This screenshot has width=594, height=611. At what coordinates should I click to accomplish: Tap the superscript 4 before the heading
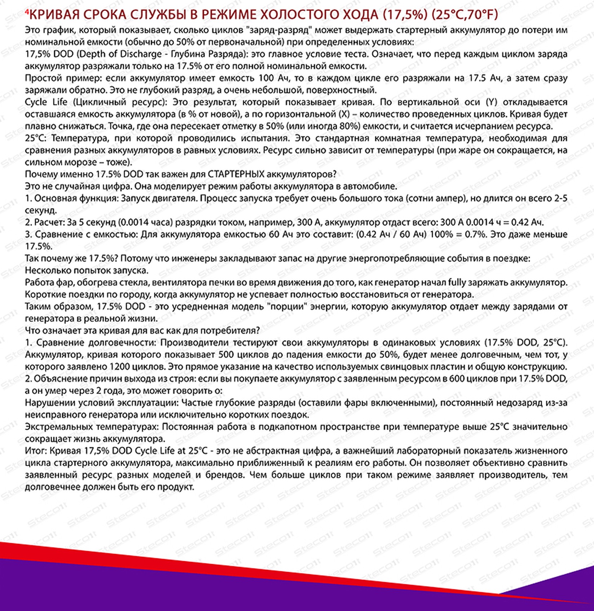click(26, 12)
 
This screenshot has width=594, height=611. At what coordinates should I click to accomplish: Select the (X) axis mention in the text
click(345, 114)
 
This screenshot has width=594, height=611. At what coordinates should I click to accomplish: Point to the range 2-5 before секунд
click(560, 198)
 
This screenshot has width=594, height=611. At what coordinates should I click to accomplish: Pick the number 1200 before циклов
click(118, 367)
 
